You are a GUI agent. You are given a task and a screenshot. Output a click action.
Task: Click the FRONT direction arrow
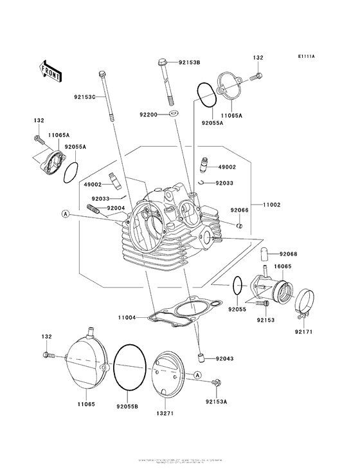click(x=50, y=69)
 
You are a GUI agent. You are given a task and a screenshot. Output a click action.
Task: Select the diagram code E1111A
click(x=306, y=57)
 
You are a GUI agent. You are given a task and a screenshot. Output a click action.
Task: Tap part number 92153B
click(x=190, y=62)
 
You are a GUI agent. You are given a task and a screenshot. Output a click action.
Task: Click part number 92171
click(x=304, y=331)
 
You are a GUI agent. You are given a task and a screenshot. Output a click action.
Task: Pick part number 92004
click(x=116, y=208)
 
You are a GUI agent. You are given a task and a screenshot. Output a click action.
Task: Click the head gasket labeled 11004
click(x=186, y=310)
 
